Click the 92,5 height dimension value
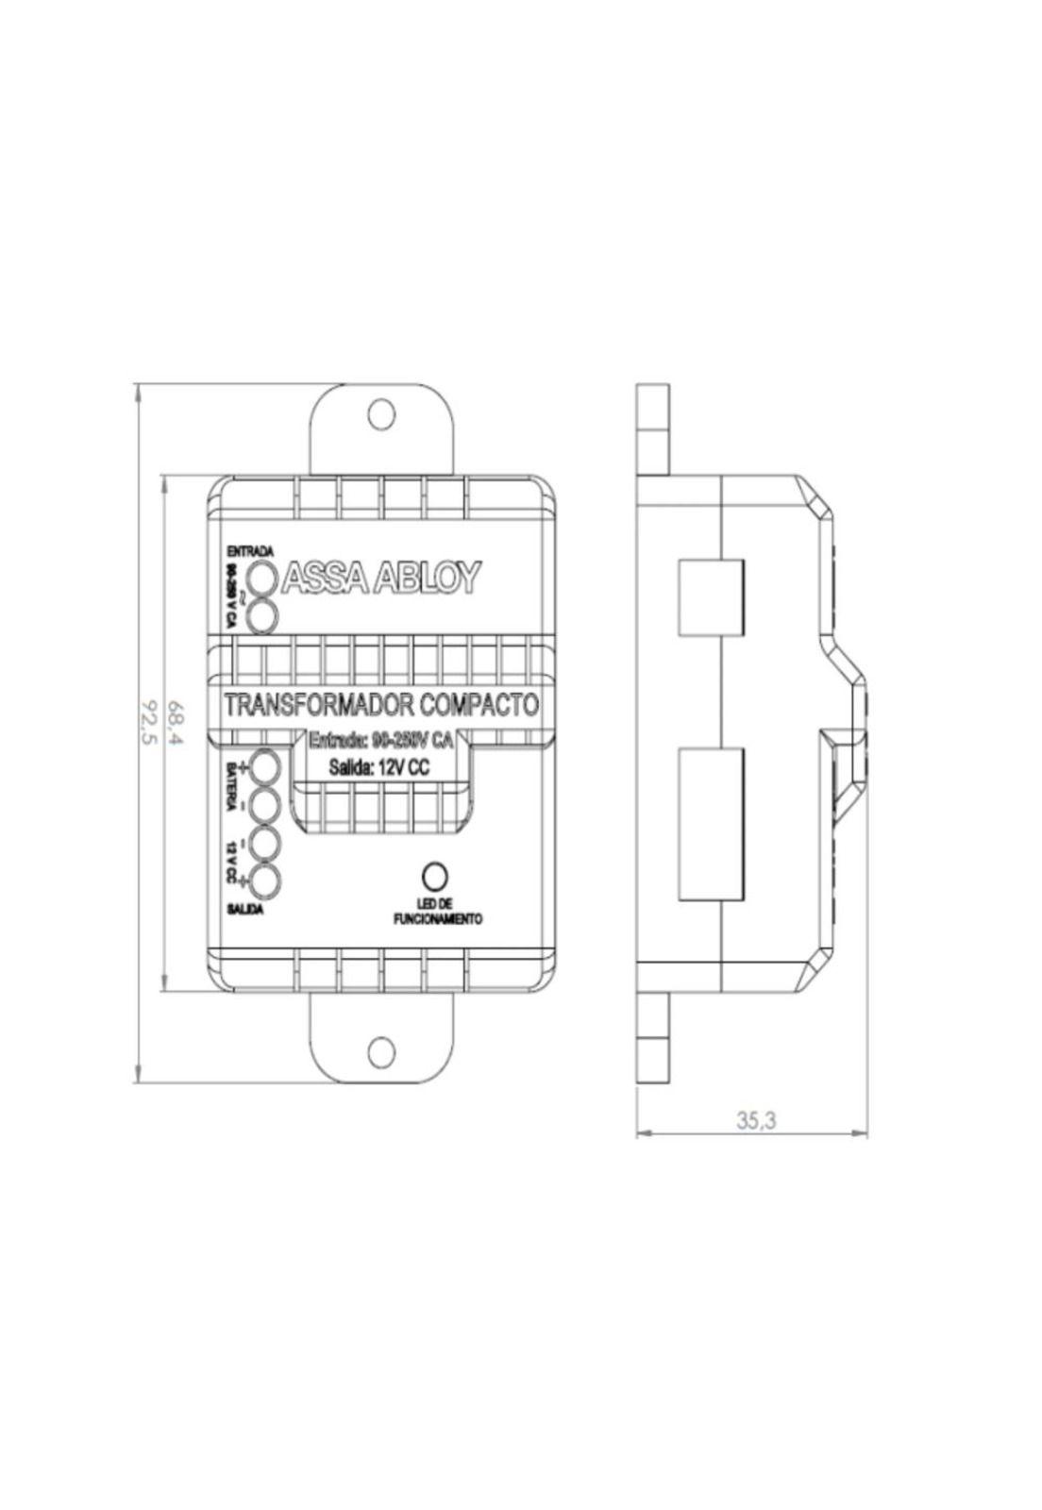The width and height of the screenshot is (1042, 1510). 147,721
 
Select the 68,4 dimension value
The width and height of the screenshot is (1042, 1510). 176,721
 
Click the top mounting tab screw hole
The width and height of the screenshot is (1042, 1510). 381,412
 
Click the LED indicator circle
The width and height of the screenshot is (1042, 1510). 434,876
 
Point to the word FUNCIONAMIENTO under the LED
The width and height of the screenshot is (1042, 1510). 437,918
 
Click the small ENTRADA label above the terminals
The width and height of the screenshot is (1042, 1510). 250,550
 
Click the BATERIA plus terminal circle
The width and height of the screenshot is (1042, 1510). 264,765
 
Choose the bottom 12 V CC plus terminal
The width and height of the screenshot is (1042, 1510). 264,881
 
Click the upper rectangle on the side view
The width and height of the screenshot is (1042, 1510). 712,597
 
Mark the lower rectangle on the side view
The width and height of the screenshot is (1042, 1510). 712,823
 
